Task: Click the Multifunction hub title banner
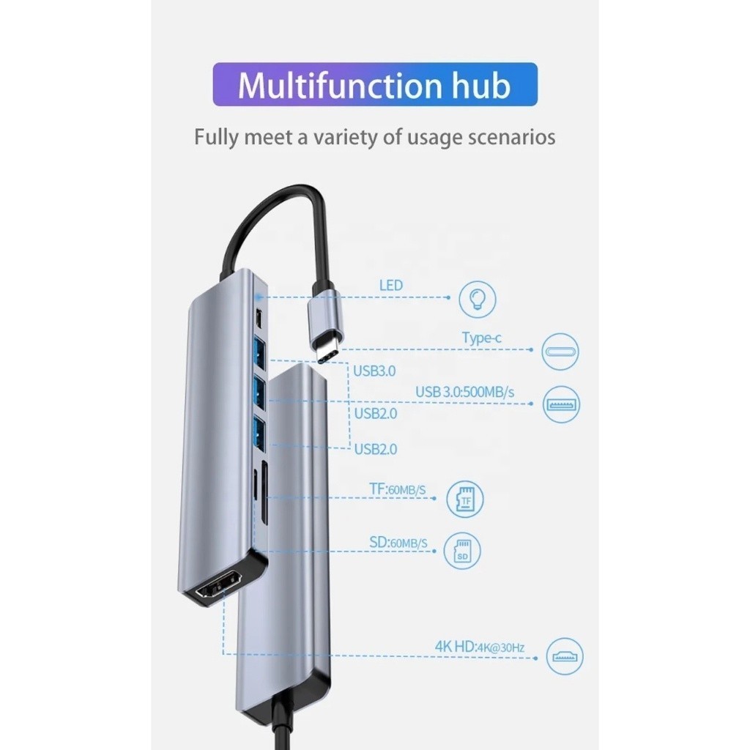pyautogui.click(x=375, y=84)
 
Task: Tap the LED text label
pyautogui.click(x=391, y=286)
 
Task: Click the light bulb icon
pyautogui.click(x=477, y=299)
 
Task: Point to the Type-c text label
pyautogui.click(x=482, y=338)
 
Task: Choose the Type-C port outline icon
pyautogui.click(x=560, y=352)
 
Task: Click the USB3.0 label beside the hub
pyautogui.click(x=374, y=371)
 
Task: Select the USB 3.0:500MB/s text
pyautogui.click(x=465, y=393)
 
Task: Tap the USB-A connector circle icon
pyautogui.click(x=561, y=404)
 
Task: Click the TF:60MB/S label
pyautogui.click(x=398, y=489)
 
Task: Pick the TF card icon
pyautogui.click(x=465, y=498)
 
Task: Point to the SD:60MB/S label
pyautogui.click(x=398, y=543)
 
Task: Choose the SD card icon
pyautogui.click(x=461, y=551)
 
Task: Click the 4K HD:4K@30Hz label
pyautogui.click(x=480, y=647)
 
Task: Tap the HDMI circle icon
pyautogui.click(x=565, y=656)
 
